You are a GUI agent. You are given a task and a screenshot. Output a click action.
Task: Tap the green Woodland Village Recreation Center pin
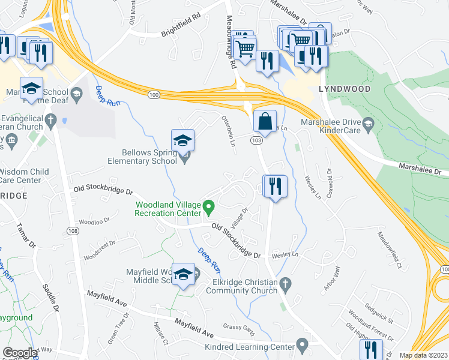click(209, 208)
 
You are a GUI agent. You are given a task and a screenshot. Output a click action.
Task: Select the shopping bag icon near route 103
click(264, 122)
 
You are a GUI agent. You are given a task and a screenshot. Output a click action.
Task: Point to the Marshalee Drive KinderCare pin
click(369, 124)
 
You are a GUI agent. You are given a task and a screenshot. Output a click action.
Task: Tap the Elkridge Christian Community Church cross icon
click(286, 283)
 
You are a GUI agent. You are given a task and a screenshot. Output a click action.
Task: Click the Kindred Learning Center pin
click(302, 344)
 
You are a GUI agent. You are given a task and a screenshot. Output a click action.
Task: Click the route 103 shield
click(256, 140)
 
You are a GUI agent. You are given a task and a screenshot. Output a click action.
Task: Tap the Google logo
click(20, 352)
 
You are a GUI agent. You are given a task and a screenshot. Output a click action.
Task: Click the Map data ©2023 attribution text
click(423, 355)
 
